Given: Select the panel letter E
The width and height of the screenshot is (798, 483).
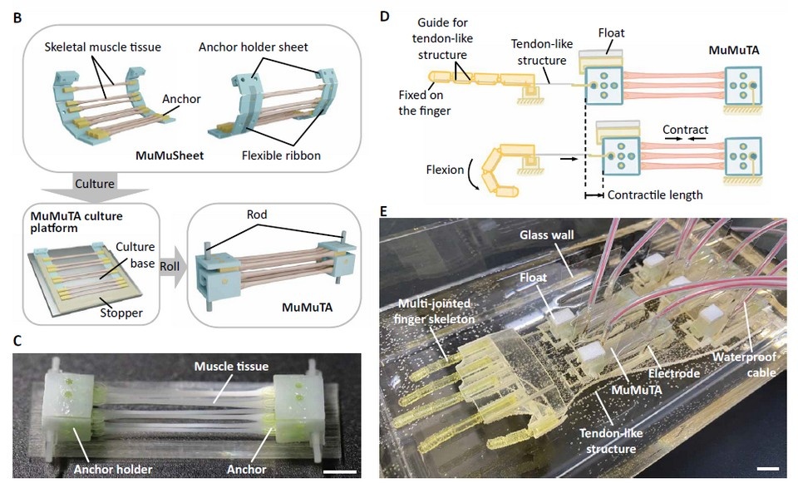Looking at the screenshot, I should click(383, 211).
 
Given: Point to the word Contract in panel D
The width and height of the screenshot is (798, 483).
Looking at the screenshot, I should click(686, 131).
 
